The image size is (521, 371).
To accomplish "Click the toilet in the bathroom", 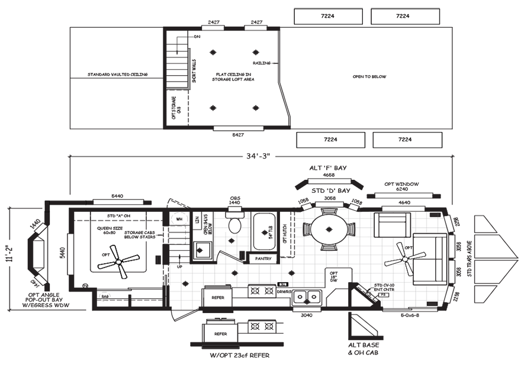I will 236,224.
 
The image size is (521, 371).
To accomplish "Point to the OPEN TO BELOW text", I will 369,77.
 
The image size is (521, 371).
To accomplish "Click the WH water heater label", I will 179,220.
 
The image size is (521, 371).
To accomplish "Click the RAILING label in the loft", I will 262,62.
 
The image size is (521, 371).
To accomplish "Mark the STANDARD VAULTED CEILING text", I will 117,75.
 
